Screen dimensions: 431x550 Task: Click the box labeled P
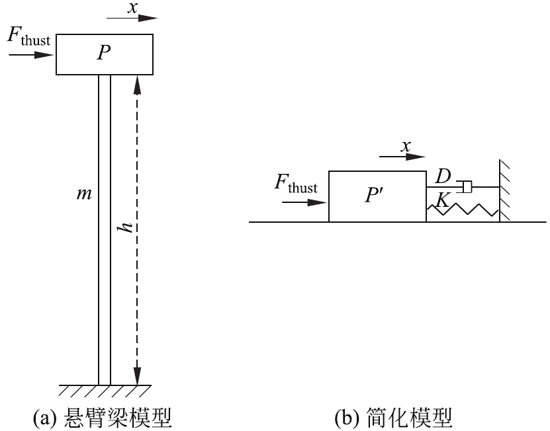(105, 54)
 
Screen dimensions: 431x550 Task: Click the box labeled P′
(377, 196)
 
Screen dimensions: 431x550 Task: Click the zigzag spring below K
(463, 209)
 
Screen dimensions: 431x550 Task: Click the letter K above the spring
(441, 199)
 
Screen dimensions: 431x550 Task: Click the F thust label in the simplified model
(295, 184)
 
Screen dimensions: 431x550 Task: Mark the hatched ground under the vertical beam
(104, 390)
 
